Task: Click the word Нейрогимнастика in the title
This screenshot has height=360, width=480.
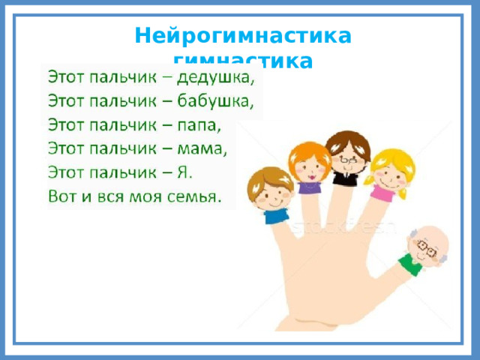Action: click(243, 36)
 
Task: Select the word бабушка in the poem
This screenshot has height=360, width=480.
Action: click(223, 100)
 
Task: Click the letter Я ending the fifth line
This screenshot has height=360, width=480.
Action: click(185, 172)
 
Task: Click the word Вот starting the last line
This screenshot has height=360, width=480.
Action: click(63, 196)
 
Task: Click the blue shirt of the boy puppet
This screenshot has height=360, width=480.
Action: click(275, 216)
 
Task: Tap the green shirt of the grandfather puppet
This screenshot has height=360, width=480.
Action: click(410, 263)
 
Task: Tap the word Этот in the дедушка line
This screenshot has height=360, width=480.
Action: click(68, 77)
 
